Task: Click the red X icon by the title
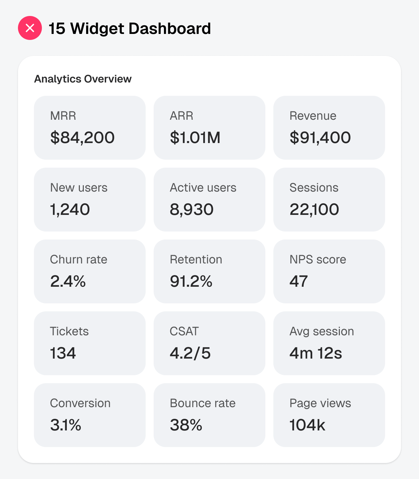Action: click(30, 28)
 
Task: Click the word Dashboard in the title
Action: click(170, 29)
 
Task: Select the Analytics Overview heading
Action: click(83, 79)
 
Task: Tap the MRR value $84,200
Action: click(82, 137)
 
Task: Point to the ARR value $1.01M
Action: click(195, 137)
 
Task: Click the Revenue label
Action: click(313, 116)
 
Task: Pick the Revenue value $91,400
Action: click(320, 137)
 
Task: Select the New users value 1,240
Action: click(70, 209)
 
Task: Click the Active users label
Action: click(203, 188)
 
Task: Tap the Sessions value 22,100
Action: click(314, 209)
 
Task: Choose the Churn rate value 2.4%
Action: click(68, 281)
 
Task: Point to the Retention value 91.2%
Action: click(191, 281)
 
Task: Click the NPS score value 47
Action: click(299, 281)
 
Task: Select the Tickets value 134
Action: click(63, 353)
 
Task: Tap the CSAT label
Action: click(184, 331)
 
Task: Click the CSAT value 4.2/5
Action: click(190, 353)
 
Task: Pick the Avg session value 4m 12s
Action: click(316, 353)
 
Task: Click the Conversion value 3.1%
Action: click(66, 425)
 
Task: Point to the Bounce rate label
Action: click(203, 403)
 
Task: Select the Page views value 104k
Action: click(307, 425)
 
